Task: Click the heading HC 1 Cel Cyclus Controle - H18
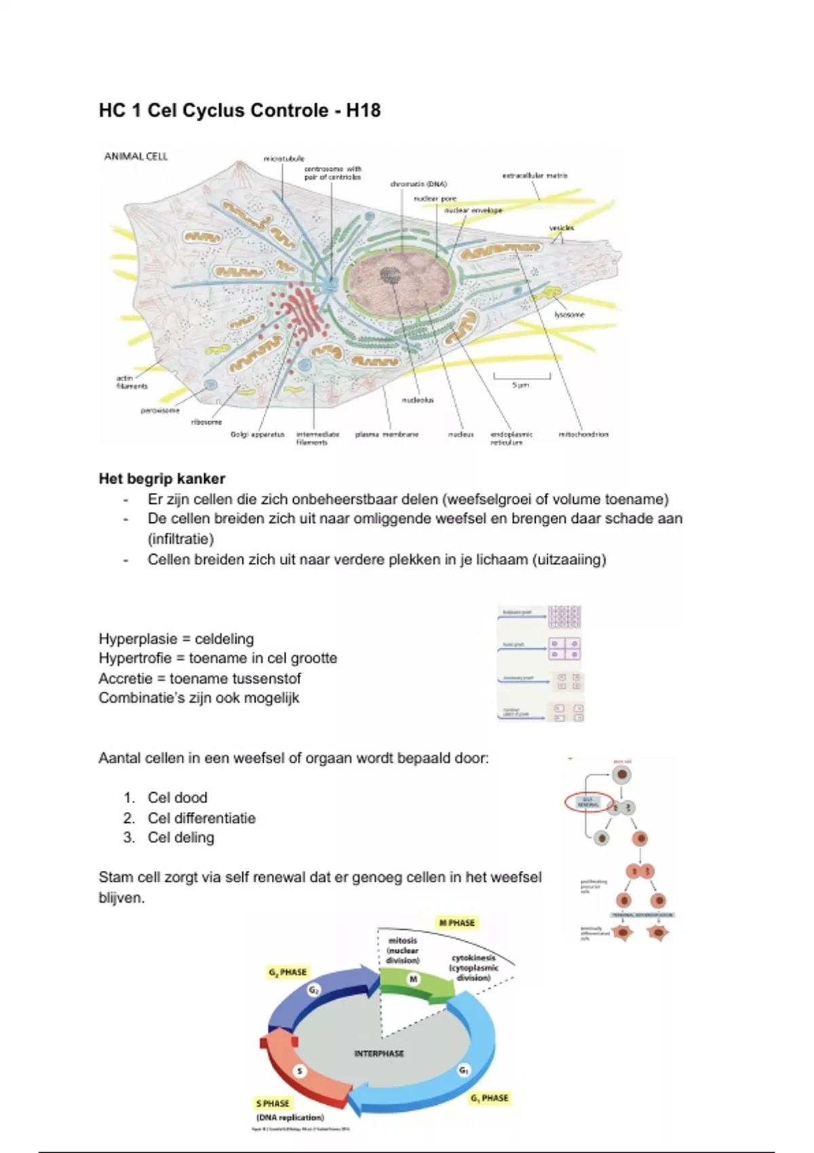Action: tap(239, 111)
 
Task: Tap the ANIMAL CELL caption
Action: tap(136, 157)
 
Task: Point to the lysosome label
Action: tap(569, 315)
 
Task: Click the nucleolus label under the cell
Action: tap(418, 400)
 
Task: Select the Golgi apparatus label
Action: tap(257, 434)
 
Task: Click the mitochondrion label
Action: tap(583, 434)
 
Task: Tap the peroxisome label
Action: tap(160, 410)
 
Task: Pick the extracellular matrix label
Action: tap(535, 176)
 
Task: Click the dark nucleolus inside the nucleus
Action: tap(390, 275)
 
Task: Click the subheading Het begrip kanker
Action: tap(161, 479)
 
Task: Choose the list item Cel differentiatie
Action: tap(201, 818)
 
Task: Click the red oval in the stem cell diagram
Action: tap(589, 802)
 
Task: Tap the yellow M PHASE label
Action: tap(457, 922)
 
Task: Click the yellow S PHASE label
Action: tap(273, 1103)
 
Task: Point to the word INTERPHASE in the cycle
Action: tap(379, 1053)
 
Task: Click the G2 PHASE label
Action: tap(288, 972)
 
